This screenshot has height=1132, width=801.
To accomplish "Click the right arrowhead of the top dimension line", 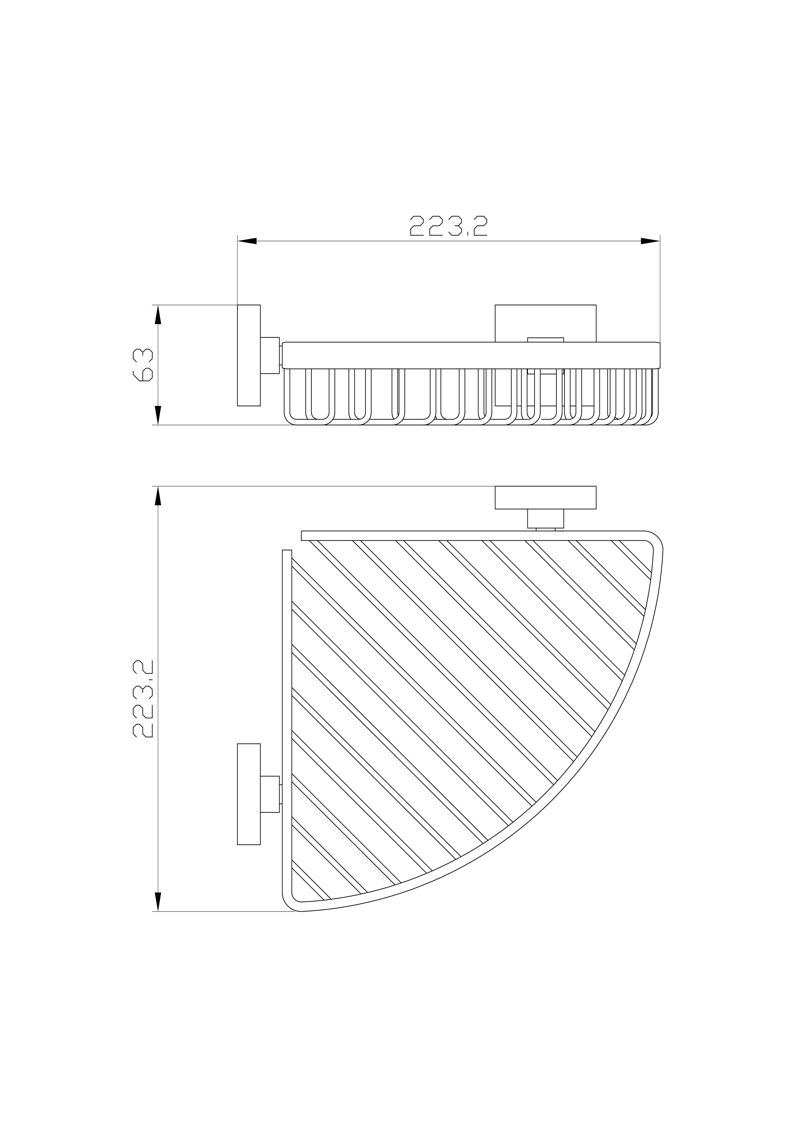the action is [x=650, y=241].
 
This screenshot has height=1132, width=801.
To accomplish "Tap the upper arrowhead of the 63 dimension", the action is [x=158, y=315].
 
